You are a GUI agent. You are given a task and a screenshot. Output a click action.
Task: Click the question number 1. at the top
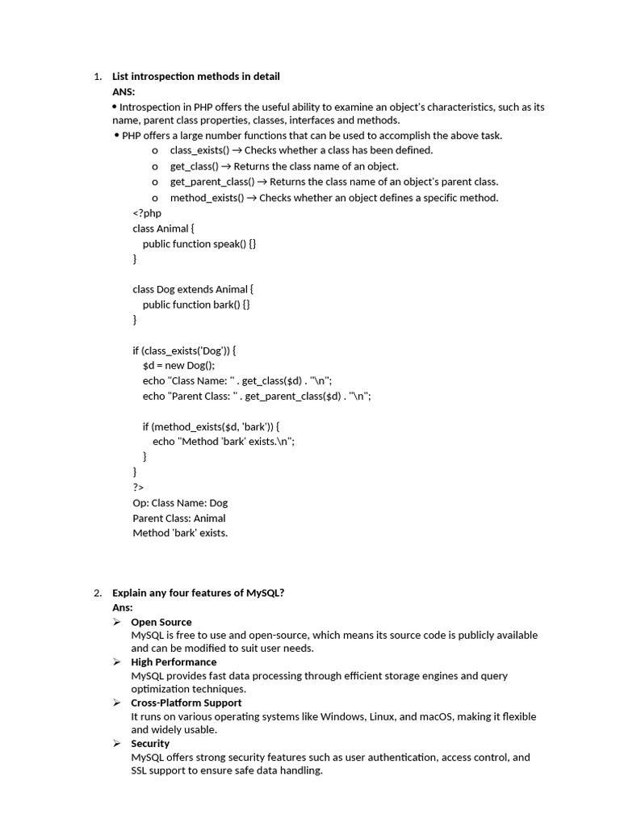[x=97, y=77]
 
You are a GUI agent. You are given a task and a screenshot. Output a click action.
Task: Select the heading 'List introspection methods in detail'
[x=196, y=77]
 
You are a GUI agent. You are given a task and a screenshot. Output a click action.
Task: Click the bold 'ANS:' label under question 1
[x=124, y=92]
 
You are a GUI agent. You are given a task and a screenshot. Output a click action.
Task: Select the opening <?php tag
[x=147, y=213]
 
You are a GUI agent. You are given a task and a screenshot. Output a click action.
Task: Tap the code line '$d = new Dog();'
[x=178, y=365]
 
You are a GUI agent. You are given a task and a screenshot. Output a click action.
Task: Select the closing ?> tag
[x=138, y=487]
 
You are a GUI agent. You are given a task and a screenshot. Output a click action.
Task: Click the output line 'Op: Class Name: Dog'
[x=180, y=502]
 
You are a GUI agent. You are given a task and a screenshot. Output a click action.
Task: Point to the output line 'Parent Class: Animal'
[x=179, y=518]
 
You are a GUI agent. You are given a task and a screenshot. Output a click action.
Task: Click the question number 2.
[x=97, y=593]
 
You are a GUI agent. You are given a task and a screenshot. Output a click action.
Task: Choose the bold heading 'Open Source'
[x=161, y=622]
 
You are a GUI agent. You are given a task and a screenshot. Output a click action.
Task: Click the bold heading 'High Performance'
[x=174, y=662]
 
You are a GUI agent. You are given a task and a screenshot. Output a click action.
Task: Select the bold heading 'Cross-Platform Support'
[x=186, y=703]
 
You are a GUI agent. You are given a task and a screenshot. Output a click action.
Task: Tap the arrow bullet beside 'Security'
[x=116, y=743]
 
